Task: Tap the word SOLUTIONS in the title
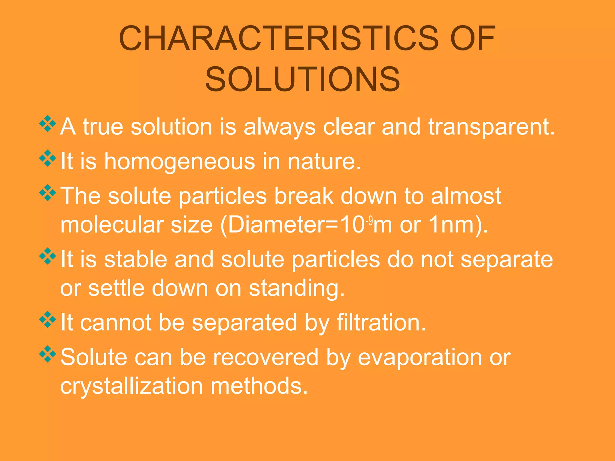coord(303,79)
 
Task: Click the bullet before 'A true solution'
coord(47,123)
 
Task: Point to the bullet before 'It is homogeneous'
coord(47,158)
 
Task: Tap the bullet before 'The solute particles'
coord(47,193)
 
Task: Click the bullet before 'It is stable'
coord(47,256)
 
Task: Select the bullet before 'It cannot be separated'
coord(47,320)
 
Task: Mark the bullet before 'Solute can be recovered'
coord(47,354)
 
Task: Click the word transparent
coord(491,127)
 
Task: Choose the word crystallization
coord(132,386)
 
